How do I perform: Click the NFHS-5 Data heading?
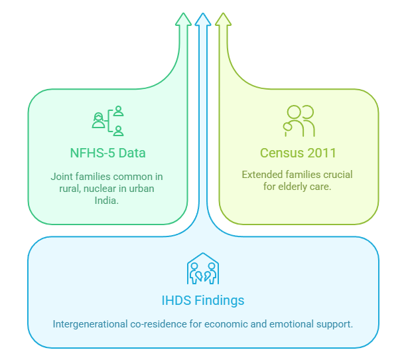[x=107, y=153]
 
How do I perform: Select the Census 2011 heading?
[x=298, y=153]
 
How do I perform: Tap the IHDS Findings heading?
[x=203, y=300]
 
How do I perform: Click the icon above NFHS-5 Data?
[x=107, y=121]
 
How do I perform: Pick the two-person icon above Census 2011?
[x=299, y=121]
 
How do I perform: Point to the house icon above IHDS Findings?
[x=203, y=268]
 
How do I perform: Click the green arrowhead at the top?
[x=183, y=20]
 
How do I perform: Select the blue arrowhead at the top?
[x=203, y=20]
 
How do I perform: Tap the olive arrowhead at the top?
[x=223, y=20]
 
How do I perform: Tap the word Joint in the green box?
[x=62, y=177]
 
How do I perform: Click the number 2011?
[x=322, y=153]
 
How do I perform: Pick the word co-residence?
[x=159, y=324]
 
